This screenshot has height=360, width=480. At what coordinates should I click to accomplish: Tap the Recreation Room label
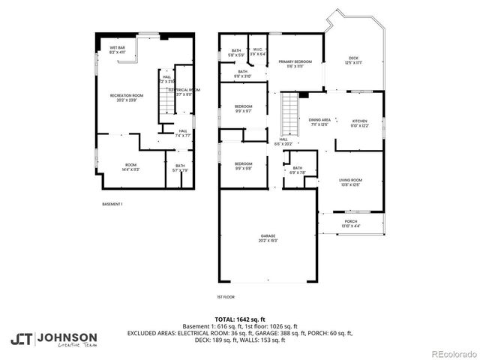(x=125, y=97)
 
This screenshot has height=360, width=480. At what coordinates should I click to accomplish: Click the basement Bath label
(x=180, y=168)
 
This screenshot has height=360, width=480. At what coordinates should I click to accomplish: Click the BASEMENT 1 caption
(x=112, y=204)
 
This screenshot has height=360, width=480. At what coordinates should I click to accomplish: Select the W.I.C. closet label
(x=258, y=52)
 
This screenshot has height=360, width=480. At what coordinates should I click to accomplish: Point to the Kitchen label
(x=360, y=123)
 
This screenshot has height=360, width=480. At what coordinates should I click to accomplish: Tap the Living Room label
(x=351, y=182)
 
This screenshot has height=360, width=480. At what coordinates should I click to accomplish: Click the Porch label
(x=351, y=223)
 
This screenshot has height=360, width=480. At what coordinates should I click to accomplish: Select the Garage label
(x=268, y=239)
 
